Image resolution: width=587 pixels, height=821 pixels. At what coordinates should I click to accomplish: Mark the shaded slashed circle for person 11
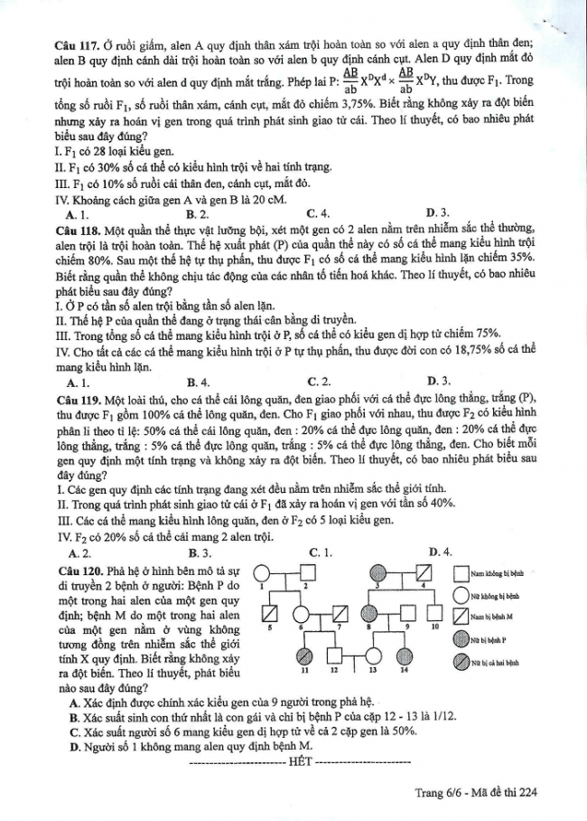point(305,655)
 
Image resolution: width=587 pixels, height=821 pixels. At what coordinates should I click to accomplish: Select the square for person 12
point(334,655)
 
